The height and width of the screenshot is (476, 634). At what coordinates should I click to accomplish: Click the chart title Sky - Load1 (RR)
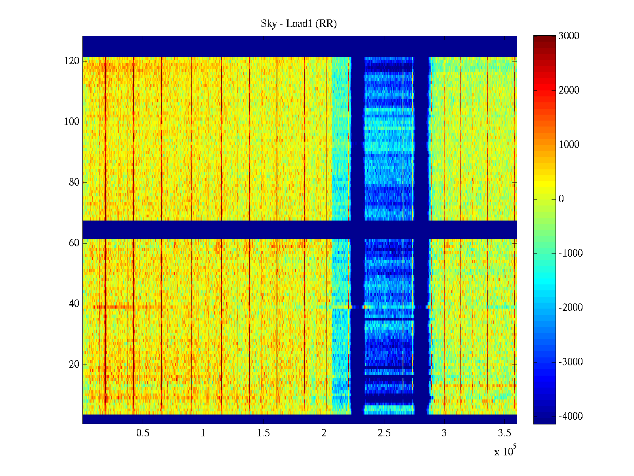pyautogui.click(x=299, y=24)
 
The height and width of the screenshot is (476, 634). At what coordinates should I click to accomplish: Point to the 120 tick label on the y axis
pyautogui.click(x=72, y=61)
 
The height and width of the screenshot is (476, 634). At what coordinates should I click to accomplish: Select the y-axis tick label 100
pyautogui.click(x=72, y=122)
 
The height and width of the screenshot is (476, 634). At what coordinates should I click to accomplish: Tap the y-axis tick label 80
pyautogui.click(x=74, y=182)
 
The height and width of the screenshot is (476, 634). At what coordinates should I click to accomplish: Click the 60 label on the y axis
pyautogui.click(x=74, y=243)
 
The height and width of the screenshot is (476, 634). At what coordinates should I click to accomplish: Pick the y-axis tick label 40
pyautogui.click(x=74, y=304)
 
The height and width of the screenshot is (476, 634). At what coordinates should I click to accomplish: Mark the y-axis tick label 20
pyautogui.click(x=74, y=365)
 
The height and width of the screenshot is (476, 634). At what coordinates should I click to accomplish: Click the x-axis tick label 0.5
pyautogui.click(x=143, y=433)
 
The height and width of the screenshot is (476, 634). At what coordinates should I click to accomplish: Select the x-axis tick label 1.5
pyautogui.click(x=264, y=433)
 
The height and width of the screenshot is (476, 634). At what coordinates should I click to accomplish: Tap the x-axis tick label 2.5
pyautogui.click(x=384, y=433)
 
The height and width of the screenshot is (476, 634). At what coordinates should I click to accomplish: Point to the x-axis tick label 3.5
pyautogui.click(x=504, y=433)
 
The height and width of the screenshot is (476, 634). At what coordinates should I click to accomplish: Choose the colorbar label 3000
pyautogui.click(x=569, y=36)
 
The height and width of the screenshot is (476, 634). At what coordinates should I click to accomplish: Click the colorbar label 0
pyautogui.click(x=561, y=199)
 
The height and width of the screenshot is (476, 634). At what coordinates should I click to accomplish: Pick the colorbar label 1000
pyautogui.click(x=569, y=145)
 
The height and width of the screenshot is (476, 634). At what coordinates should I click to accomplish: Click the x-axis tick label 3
pyautogui.click(x=444, y=433)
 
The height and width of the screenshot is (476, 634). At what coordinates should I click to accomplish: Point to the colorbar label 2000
pyautogui.click(x=569, y=90)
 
